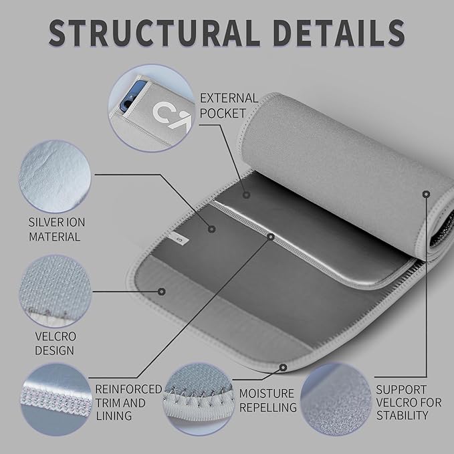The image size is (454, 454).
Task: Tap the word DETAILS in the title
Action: coord(339,33)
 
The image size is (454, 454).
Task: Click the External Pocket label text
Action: coord(229,106)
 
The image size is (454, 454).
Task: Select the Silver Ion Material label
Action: coord(57,229)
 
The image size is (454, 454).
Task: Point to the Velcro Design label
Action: coord(55,344)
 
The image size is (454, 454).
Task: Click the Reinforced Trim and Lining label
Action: coord(128,403)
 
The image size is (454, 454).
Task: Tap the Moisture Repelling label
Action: coord(268,401)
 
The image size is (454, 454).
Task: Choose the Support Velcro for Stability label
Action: coord(409,403)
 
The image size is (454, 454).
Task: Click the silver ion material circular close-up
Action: coord(54,177)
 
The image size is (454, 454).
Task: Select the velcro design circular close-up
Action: coord(55,291)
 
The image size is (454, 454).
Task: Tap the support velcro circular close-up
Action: coord(336,399)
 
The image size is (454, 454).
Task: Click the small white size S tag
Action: coord(179,239)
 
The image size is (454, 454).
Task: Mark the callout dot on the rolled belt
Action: coord(426,194)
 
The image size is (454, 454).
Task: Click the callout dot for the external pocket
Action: coord(247,195)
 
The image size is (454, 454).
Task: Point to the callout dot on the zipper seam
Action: coord(271,237)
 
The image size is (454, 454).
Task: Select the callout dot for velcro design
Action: coord(162,292)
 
